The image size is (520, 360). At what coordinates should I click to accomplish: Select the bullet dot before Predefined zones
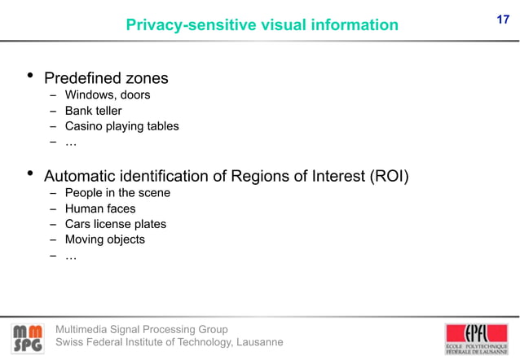tap(29, 77)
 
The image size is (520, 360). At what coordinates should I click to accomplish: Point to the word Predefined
tap(82, 79)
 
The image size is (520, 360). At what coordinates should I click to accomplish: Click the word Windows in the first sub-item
tap(90, 95)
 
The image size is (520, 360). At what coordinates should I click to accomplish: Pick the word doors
tap(134, 95)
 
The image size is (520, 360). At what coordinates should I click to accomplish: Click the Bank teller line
tap(93, 111)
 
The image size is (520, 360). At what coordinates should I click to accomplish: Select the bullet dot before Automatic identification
tap(29, 174)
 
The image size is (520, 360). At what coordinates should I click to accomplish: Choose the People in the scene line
tap(117, 193)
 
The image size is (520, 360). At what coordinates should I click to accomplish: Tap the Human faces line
tap(100, 209)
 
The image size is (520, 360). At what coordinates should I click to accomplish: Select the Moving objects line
tap(104, 239)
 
